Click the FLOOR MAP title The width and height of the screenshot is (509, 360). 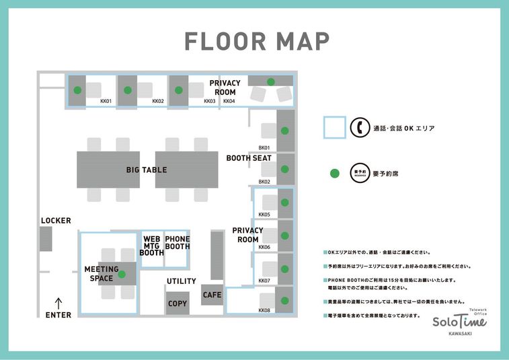[258, 41]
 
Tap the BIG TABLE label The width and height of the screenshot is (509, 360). [147, 170]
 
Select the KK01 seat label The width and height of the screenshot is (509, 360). [106, 102]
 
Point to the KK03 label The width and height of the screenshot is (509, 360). [210, 102]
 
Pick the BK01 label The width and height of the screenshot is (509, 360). [264, 147]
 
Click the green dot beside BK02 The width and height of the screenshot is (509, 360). [284, 169]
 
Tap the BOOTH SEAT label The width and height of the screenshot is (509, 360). [249, 158]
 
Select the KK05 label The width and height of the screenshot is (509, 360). [264, 215]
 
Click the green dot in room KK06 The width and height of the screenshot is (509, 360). [284, 236]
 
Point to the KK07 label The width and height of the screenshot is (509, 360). [264, 281]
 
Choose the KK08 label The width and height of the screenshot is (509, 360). [264, 310]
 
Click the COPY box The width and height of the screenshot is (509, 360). [178, 303]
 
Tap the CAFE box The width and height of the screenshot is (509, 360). [212, 295]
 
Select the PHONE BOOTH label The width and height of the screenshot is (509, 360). [178, 243]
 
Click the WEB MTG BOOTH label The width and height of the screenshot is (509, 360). [152, 246]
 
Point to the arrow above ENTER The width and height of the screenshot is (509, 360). [58, 303]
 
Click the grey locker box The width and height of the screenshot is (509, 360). [46, 239]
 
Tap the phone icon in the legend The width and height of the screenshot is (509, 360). [360, 127]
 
